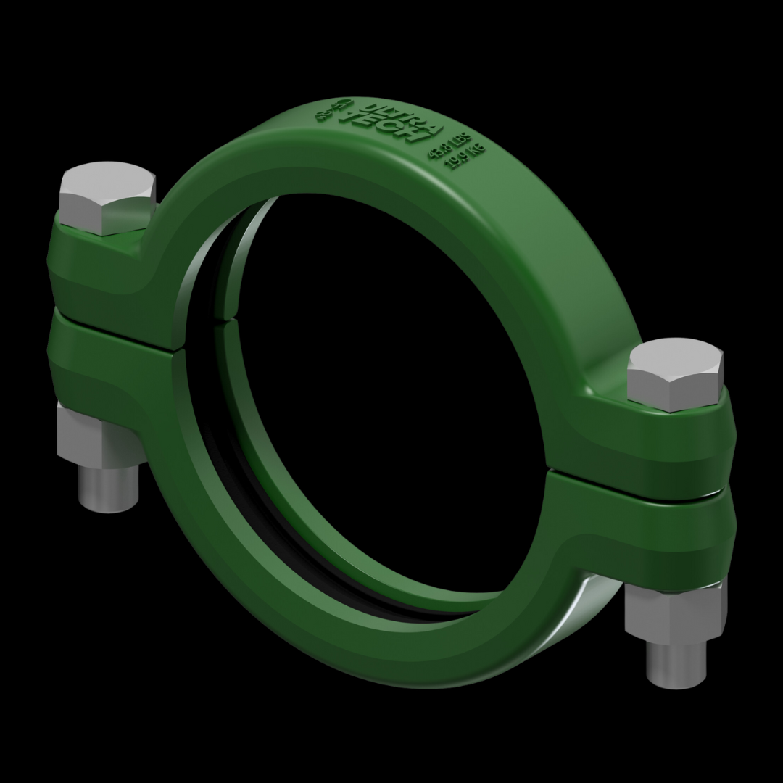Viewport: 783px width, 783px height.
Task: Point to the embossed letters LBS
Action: [462, 137]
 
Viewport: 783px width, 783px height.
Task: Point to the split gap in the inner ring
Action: [232, 316]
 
